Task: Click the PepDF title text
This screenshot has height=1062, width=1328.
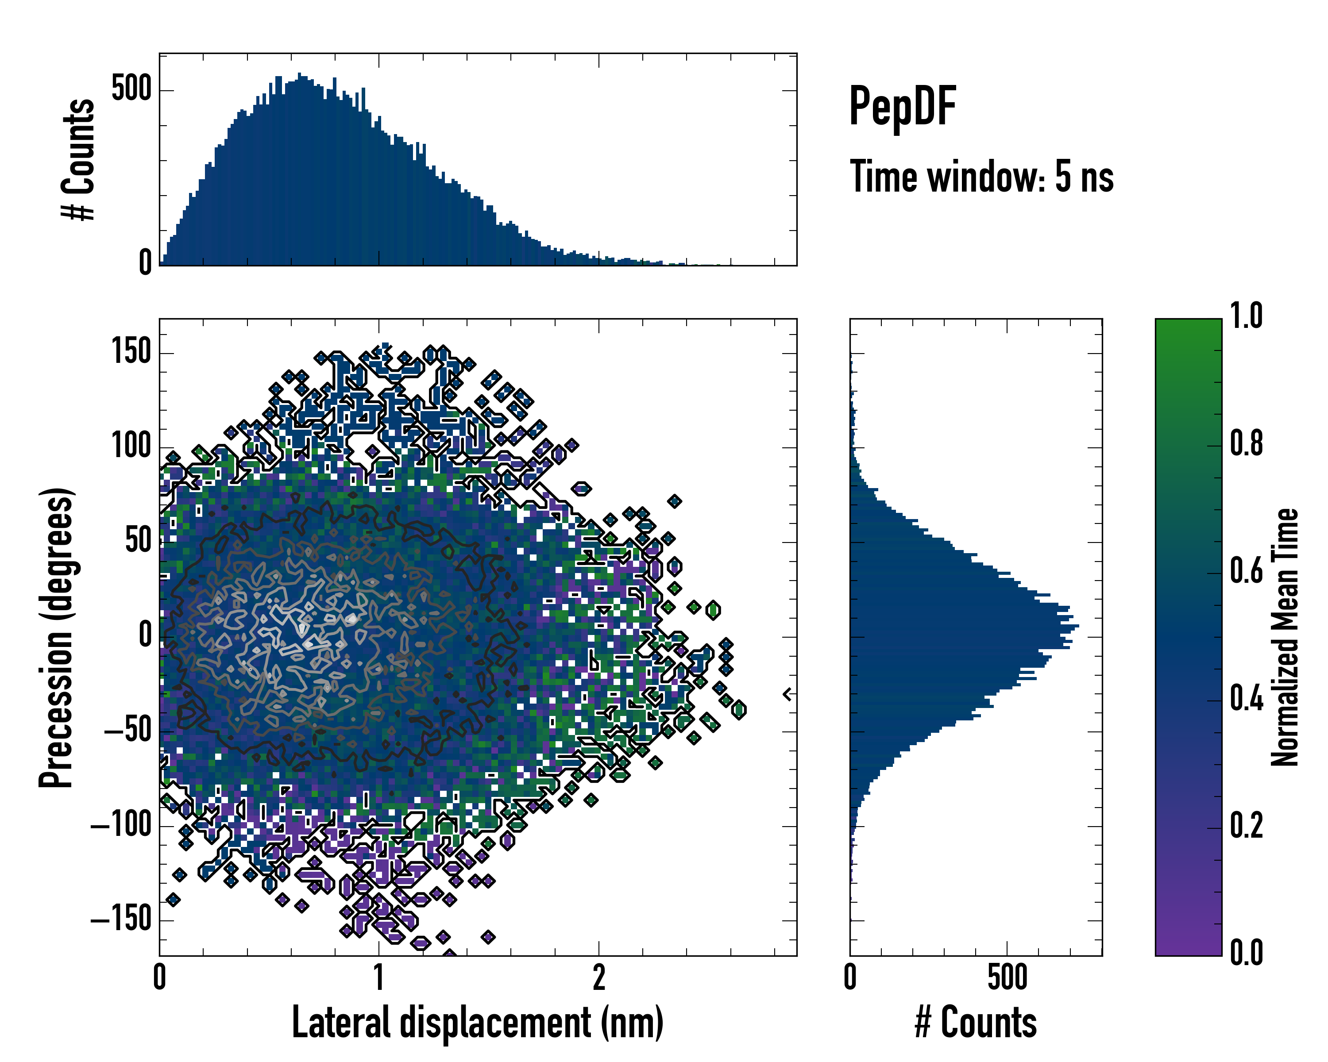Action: point(902,107)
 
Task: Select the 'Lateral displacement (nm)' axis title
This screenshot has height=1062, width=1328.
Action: point(477,1023)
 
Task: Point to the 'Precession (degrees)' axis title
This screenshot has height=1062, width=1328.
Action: point(57,637)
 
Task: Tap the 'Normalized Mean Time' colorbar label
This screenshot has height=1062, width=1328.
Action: point(1285,637)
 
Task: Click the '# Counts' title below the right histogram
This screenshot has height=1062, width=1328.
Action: point(976,1023)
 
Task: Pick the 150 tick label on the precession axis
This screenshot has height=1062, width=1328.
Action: point(131,353)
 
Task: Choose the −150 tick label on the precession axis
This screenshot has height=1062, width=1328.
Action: point(121,920)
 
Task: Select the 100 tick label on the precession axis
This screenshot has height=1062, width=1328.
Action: point(131,447)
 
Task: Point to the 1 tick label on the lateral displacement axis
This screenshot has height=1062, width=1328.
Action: point(379,977)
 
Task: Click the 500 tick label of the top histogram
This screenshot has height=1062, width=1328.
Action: point(131,90)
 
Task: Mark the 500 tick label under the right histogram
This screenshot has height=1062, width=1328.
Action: point(1007,977)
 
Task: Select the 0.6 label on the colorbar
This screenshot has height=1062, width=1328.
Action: point(1246,571)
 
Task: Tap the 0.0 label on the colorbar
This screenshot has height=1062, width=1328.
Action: point(1246,953)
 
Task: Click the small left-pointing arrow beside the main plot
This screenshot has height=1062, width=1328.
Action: point(787,694)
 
